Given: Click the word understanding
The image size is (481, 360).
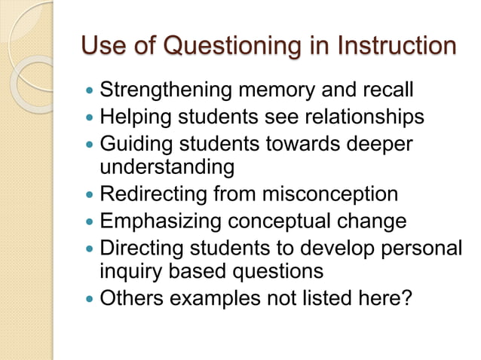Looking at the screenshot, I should pos(167,166).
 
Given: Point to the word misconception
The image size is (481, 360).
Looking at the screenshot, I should pos(329,194).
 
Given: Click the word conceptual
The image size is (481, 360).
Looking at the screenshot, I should pos(288,221).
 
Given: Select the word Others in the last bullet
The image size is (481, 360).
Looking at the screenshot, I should pos(133,297).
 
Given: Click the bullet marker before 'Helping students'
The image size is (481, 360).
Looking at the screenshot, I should pos(90,118).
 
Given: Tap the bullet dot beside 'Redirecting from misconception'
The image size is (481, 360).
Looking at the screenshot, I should pos(90,195).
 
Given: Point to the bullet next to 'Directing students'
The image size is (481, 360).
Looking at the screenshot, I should pos(90,247).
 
